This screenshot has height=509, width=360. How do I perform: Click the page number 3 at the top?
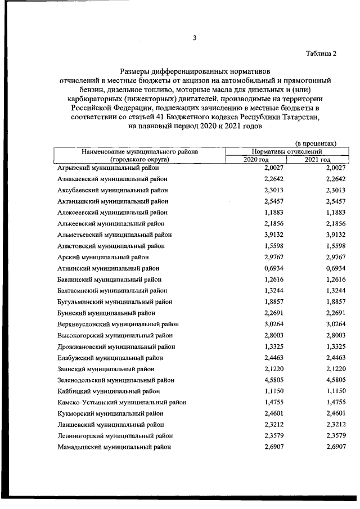click(x=195, y=38)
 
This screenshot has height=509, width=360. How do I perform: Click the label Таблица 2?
click(x=321, y=54)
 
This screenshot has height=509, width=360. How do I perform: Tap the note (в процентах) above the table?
click(x=316, y=143)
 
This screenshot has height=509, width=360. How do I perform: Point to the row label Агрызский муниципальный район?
click(x=108, y=168)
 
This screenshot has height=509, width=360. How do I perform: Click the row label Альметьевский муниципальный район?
click(x=114, y=235)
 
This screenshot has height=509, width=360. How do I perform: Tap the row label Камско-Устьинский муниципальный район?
click(x=121, y=402)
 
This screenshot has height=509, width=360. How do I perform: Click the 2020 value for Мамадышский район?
click(x=276, y=447)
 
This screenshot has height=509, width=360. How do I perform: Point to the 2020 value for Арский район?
click(x=276, y=257)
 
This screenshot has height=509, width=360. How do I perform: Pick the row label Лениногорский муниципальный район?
click(x=114, y=435)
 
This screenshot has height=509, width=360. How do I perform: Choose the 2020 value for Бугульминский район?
click(x=276, y=301)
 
